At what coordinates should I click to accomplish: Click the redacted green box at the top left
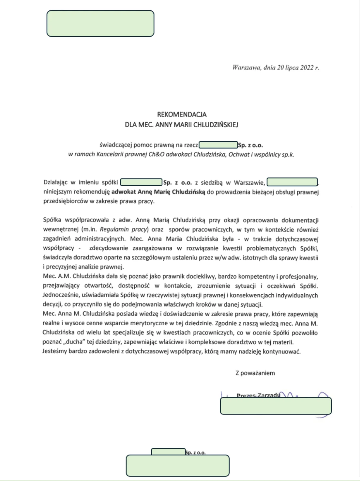(x=100, y=23)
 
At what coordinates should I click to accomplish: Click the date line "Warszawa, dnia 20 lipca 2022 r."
(x=276, y=68)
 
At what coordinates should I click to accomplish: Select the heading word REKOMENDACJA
(x=182, y=115)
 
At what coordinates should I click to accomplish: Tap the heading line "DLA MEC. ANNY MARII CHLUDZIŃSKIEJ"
(x=182, y=125)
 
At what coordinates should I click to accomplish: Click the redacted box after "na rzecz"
(x=218, y=145)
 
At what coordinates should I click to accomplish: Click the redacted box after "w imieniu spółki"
(x=141, y=182)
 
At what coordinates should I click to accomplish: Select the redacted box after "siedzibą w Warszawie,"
(x=292, y=182)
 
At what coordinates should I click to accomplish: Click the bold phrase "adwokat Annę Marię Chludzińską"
(x=158, y=192)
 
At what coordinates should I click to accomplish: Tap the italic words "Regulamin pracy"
(x=124, y=229)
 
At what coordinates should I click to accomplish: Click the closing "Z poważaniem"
(x=255, y=373)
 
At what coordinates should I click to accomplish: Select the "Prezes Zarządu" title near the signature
(x=258, y=395)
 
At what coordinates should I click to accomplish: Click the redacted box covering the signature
(x=276, y=406)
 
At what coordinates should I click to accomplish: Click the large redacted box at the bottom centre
(x=177, y=466)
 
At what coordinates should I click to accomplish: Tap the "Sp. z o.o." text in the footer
(x=195, y=453)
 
